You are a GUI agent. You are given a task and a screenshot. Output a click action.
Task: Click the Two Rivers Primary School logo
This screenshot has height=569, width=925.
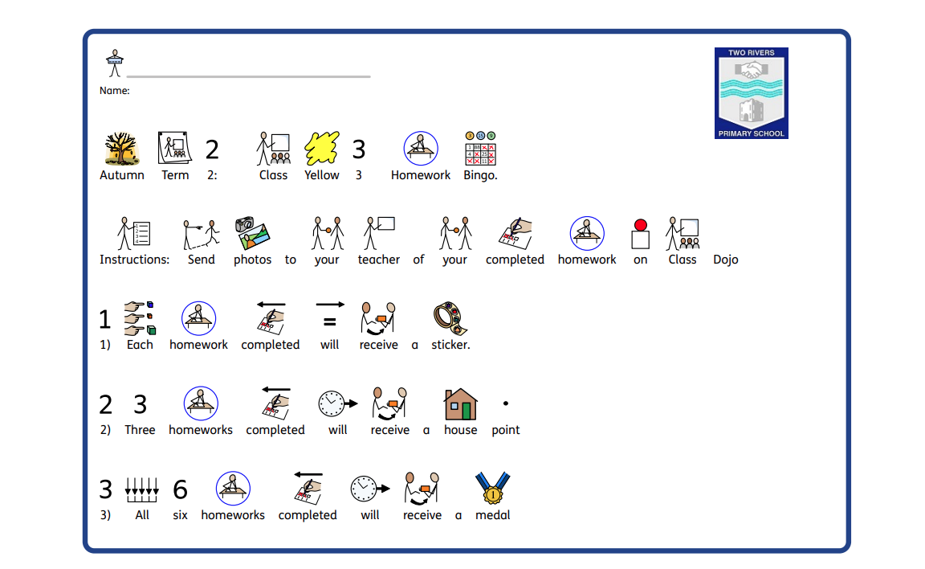[x=751, y=92]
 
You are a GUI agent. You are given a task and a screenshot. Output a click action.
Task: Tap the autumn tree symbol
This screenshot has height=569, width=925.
[x=122, y=149]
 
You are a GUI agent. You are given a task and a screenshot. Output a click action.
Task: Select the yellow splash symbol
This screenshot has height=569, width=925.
[x=321, y=149]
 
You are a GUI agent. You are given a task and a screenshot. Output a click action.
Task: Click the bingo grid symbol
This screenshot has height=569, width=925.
[x=480, y=149]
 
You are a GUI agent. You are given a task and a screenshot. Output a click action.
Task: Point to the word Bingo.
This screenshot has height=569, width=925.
[x=480, y=175]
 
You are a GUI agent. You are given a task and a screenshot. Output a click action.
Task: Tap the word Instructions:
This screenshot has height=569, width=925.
[x=134, y=260]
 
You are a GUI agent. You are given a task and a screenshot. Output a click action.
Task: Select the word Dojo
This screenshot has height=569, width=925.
[x=725, y=260]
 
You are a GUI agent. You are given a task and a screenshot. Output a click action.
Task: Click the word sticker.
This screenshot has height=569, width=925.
[x=450, y=345]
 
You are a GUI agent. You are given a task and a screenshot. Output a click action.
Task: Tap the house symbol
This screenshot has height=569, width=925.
[x=461, y=404]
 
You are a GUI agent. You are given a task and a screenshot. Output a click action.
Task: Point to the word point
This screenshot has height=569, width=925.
[x=506, y=430]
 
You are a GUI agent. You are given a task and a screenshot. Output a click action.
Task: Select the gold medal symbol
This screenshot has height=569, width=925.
[x=493, y=489]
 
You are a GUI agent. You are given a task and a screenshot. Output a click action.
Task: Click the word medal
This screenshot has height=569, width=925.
[x=493, y=515]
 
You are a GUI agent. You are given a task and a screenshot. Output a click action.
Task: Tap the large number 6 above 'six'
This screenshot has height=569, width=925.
[x=180, y=489]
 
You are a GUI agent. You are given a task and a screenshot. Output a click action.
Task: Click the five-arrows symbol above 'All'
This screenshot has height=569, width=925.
[x=142, y=489]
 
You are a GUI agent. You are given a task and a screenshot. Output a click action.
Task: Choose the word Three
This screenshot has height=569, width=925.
[x=140, y=430]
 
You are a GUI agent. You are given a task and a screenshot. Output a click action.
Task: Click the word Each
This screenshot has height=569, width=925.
[x=140, y=345]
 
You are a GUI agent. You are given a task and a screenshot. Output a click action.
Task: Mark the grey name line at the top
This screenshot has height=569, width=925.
[x=248, y=77]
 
